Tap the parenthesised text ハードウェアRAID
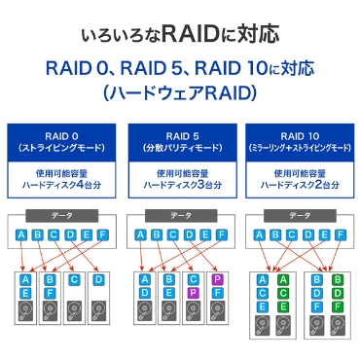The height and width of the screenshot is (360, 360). tap(180, 94)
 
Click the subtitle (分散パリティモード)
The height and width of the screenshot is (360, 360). tap(180, 147)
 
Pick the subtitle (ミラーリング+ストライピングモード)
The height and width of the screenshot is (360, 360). tap(299, 147)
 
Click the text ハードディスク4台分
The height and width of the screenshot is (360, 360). tap(60, 186)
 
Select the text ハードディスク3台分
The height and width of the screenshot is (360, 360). tap(180, 186)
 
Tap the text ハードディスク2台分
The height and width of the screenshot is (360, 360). tap(299, 186)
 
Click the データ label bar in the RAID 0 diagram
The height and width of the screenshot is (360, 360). tap(61, 215)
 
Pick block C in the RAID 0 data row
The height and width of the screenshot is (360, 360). tap(54, 234)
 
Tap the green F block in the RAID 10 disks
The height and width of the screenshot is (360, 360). tap(337, 307)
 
